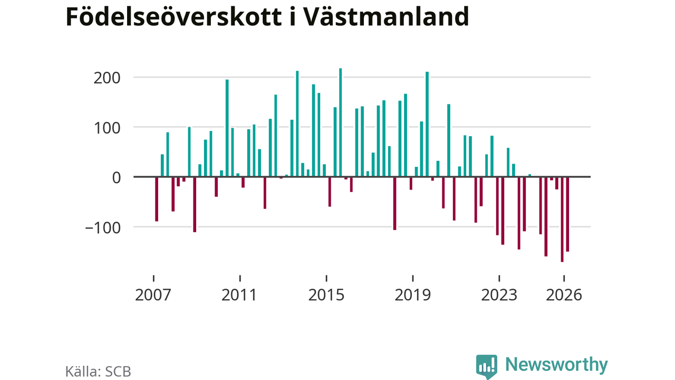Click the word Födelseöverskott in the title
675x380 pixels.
pyautogui.click(x=173, y=16)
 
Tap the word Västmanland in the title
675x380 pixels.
pyautogui.click(x=385, y=16)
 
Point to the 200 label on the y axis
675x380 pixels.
pyautogui.click(x=107, y=79)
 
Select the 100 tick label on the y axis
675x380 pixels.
pyautogui.click(x=107, y=128)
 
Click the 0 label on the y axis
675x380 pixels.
pyautogui.click(x=117, y=178)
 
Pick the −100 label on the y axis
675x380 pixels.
pyautogui.click(x=103, y=228)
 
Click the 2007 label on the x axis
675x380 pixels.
pyautogui.click(x=153, y=295)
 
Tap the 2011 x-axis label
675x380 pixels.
pyautogui.click(x=239, y=295)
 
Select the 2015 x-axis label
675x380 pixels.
pyautogui.click(x=326, y=295)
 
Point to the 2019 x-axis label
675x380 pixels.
pyautogui.click(x=412, y=295)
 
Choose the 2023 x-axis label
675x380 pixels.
pyautogui.click(x=499, y=295)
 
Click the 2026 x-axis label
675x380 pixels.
pyautogui.click(x=564, y=295)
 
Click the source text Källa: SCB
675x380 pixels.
pyautogui.click(x=98, y=372)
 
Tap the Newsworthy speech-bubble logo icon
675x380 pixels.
pyautogui.click(x=487, y=366)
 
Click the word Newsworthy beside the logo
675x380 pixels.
pyautogui.click(x=556, y=365)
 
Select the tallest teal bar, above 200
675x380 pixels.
pyautogui.click(x=341, y=122)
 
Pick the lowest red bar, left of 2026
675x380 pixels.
pyautogui.click(x=562, y=219)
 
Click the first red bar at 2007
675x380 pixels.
pyautogui.click(x=157, y=199)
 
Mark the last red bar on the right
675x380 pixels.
pyautogui.click(x=567, y=214)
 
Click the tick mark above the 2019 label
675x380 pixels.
pyautogui.click(x=413, y=278)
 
